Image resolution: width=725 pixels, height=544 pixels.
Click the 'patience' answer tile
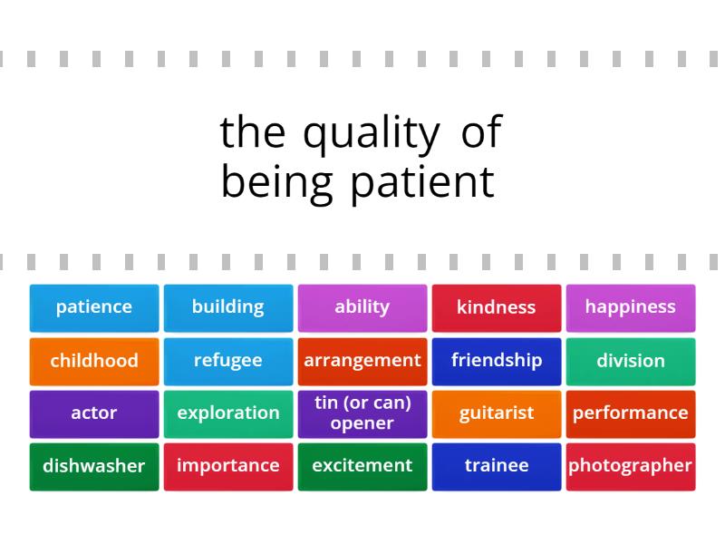94,307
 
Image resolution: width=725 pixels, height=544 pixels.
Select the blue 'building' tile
228,307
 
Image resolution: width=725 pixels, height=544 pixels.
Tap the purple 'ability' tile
362,307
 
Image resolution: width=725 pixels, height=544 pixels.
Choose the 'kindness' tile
497,307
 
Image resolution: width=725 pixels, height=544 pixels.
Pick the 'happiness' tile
631,307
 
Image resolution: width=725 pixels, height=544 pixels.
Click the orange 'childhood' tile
94,361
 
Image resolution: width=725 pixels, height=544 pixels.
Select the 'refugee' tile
228,361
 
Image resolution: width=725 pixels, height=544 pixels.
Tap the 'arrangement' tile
362,361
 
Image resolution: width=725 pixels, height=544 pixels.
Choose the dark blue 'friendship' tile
497,361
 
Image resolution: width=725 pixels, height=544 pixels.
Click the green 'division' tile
631,361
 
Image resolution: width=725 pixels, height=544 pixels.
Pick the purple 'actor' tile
94,413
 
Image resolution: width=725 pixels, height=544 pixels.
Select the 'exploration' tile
228,413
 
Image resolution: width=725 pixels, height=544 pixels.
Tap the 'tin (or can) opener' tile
362,413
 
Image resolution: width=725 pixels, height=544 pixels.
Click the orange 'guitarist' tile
497,413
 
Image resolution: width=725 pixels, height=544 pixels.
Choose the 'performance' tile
631,413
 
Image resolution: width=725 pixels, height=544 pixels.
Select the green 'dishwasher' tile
94,466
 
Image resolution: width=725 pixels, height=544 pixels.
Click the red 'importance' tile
228,466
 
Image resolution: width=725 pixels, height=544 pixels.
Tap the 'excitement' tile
362,466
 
